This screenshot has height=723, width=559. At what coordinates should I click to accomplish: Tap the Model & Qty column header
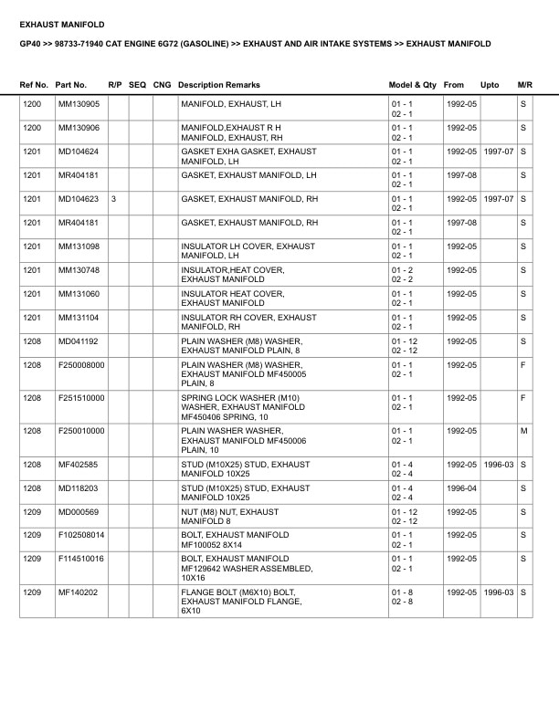tap(412, 85)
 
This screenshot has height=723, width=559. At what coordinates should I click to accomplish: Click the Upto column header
tap(490, 85)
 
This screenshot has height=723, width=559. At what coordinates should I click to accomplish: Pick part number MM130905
tap(79, 104)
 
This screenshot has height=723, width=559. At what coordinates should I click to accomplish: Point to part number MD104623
tap(79, 198)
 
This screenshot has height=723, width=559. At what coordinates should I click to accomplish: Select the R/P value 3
tap(113, 198)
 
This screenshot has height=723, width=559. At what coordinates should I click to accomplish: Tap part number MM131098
tap(79, 246)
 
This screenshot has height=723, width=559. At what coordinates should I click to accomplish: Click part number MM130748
tap(79, 270)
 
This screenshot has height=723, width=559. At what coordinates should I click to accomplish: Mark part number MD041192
tap(79, 341)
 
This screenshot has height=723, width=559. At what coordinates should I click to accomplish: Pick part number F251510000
tap(81, 398)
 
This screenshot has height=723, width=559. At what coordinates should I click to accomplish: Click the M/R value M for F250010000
tap(523, 431)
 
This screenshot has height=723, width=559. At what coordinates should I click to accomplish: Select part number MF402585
tap(79, 464)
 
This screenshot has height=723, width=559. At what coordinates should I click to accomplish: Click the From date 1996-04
tap(461, 487)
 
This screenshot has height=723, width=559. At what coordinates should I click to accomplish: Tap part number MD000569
tap(79, 511)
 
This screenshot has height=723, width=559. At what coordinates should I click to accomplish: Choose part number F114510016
tap(81, 559)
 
